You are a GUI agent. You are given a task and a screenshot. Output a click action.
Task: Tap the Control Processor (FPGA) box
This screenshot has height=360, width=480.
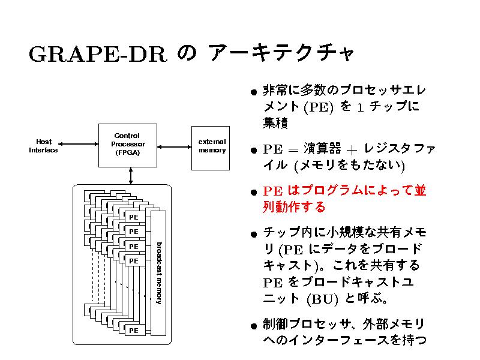click(130, 145)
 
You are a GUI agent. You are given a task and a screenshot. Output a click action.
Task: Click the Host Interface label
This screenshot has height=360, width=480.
click(43, 146)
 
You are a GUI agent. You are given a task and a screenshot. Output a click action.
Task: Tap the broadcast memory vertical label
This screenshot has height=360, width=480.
click(158, 272)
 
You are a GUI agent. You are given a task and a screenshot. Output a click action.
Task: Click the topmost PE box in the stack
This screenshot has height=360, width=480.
click(134, 217)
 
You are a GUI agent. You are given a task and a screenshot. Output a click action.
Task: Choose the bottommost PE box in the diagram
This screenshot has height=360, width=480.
click(134, 330)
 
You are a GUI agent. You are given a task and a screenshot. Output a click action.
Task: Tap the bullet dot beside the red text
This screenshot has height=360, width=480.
click(255, 193)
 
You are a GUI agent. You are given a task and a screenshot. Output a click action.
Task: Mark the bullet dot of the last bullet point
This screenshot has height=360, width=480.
click(255, 327)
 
